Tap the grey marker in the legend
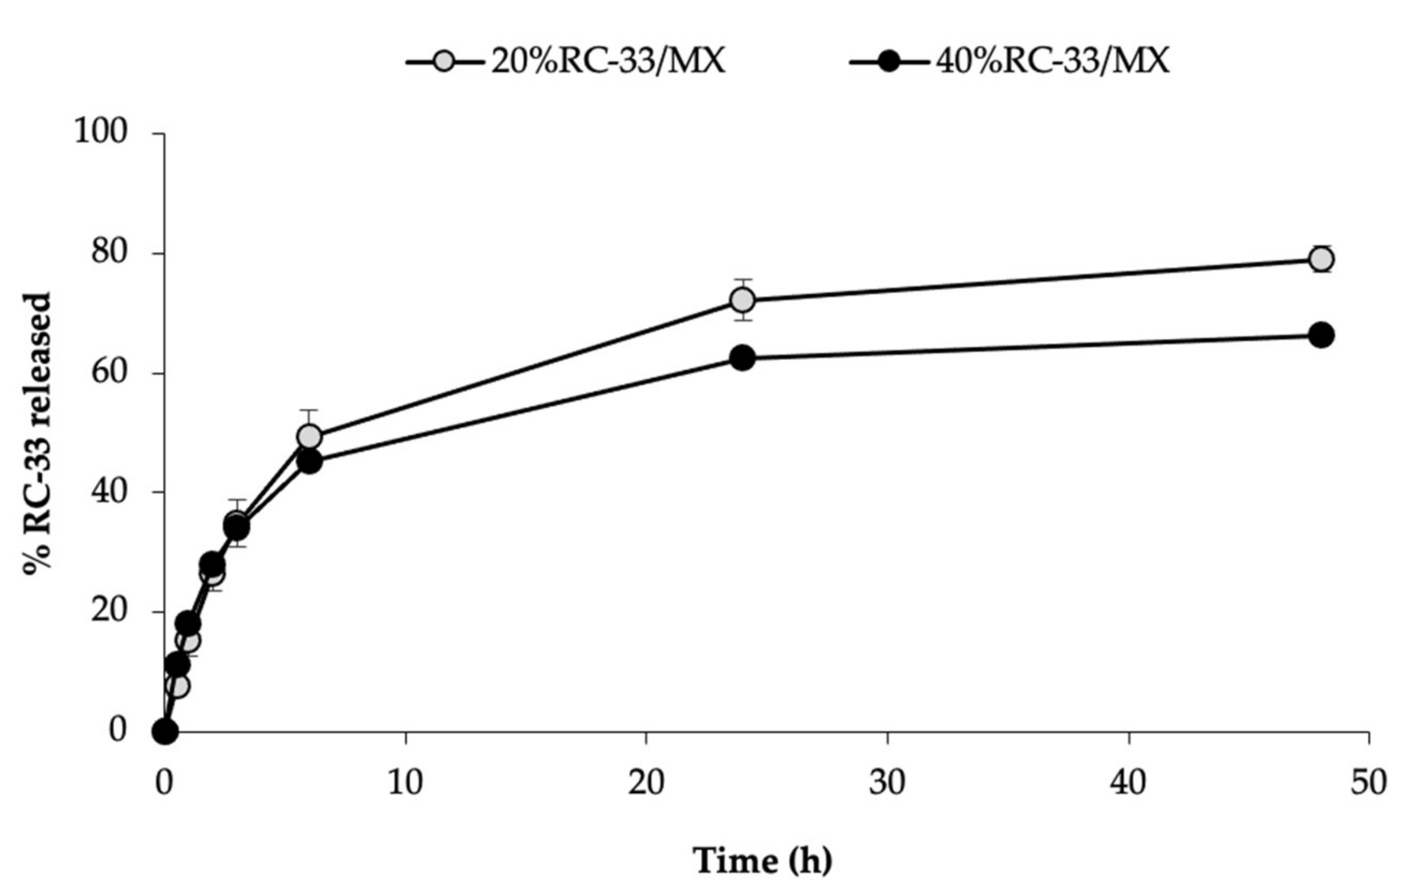pos(445,61)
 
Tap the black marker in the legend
pos(889,61)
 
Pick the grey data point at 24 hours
pos(743,300)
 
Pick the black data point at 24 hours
pos(743,357)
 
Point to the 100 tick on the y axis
pos(100,132)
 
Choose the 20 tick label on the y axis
pos(109,611)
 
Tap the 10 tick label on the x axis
pos(405,782)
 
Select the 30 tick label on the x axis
pos(887,782)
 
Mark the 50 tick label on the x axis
pos(1368,782)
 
